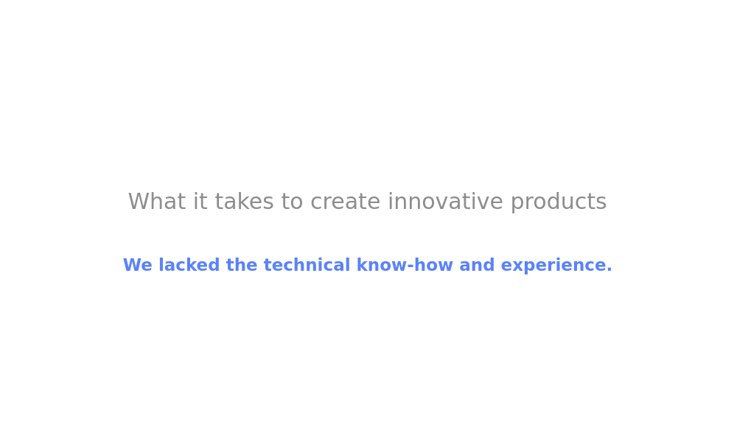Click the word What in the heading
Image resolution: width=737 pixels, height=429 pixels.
(x=156, y=202)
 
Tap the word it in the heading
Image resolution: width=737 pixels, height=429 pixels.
(x=200, y=202)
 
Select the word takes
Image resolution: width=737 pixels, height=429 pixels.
(x=244, y=202)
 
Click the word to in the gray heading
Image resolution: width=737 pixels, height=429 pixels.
(x=292, y=202)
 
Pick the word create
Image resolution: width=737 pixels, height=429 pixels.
(x=345, y=202)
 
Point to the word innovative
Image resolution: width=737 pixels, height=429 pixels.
(x=445, y=202)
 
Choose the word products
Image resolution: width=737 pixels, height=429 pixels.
(x=559, y=203)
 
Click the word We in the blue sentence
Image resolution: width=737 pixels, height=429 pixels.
(x=138, y=265)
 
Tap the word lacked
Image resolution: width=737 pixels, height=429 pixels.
(x=189, y=265)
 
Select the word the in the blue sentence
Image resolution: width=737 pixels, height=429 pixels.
(x=242, y=265)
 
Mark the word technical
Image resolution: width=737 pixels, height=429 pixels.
(x=307, y=265)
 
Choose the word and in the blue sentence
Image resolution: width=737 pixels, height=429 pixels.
(x=477, y=265)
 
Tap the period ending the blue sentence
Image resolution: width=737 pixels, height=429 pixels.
(x=609, y=270)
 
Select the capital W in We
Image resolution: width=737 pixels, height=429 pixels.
(x=132, y=265)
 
